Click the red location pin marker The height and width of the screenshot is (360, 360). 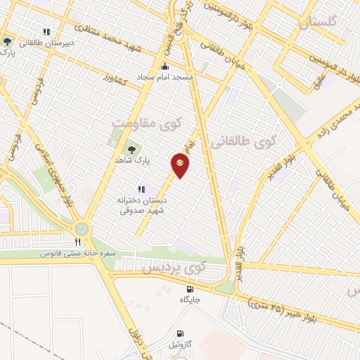[x=181, y=165]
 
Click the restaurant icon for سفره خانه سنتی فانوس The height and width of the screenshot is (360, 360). [x=87, y=242]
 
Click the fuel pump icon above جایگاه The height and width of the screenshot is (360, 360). [x=189, y=289]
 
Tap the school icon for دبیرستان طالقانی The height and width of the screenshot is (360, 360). [x=46, y=32]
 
